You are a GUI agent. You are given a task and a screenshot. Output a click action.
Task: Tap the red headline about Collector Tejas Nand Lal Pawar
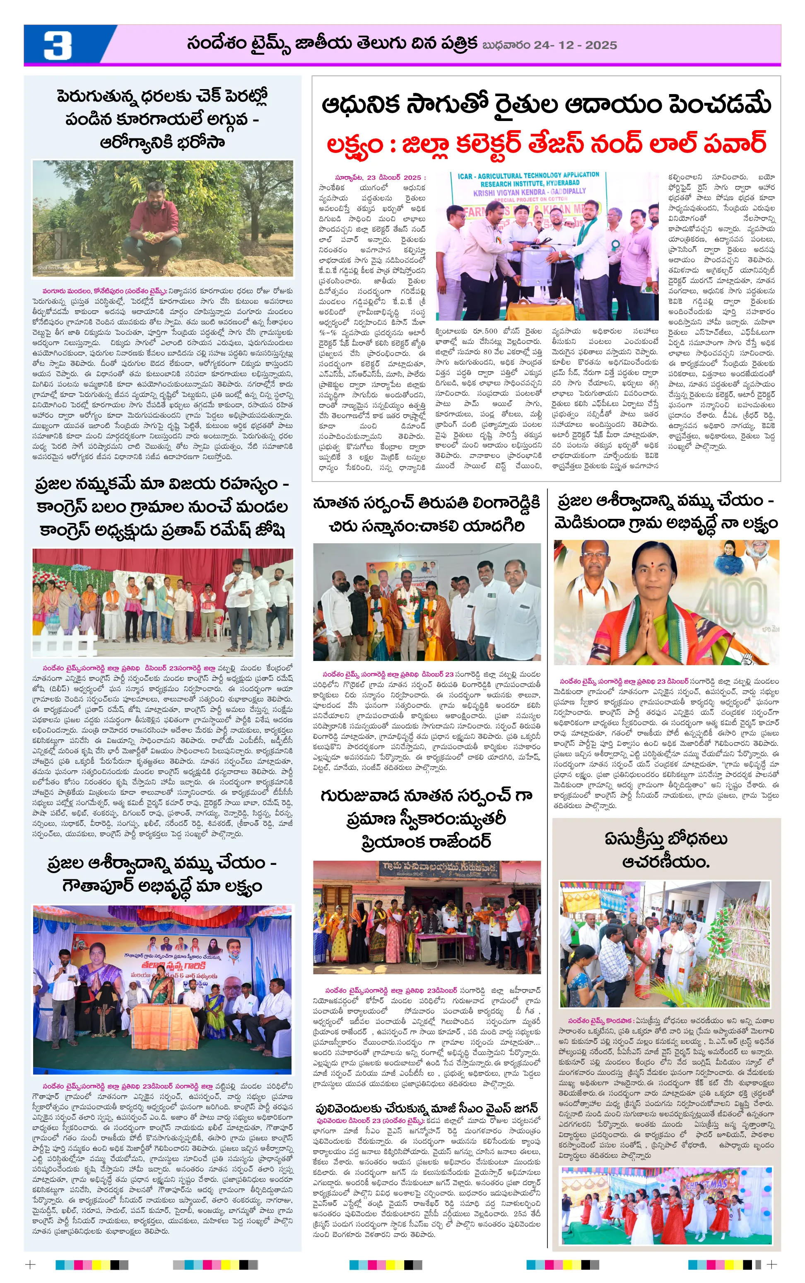click(546, 144)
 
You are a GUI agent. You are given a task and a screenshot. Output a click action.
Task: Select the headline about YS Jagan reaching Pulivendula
click(427, 1108)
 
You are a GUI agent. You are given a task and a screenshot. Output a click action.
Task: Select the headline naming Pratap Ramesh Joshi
click(162, 507)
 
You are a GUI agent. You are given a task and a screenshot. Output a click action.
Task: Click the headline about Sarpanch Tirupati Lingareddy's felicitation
click(427, 514)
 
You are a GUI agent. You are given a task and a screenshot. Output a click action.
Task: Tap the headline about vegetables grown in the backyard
click(162, 119)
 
